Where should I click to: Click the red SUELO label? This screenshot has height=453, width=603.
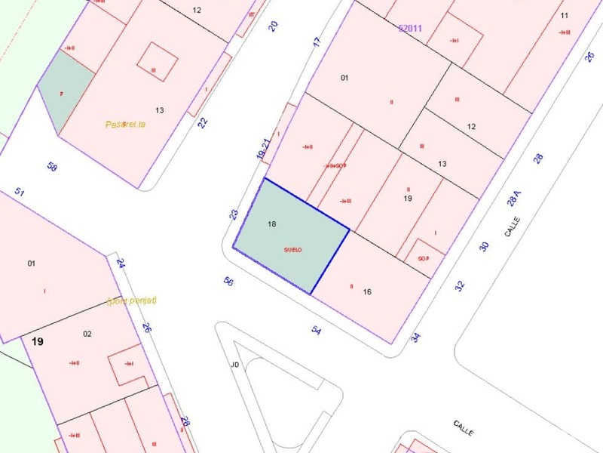point(292,250)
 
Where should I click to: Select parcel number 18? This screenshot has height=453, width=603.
point(272,224)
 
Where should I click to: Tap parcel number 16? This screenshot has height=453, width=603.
point(367,291)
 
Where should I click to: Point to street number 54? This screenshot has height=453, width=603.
point(317,330)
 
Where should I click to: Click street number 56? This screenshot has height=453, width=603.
point(228,282)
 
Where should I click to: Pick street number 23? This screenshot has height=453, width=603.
point(234,214)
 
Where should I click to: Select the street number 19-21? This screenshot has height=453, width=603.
point(262,148)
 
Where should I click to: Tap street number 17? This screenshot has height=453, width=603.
point(317,42)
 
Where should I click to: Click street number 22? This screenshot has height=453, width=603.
point(203,122)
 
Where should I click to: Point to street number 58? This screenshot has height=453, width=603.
point(52,167)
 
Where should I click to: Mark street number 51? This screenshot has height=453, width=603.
point(20,193)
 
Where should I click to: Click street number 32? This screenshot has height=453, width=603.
point(461,285)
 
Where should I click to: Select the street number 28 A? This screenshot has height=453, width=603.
point(514,198)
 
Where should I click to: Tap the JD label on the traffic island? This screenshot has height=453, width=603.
point(235,365)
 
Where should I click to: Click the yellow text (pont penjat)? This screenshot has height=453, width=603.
point(132,300)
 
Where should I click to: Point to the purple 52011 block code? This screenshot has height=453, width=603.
point(410,28)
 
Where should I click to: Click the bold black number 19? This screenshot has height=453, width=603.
point(37,342)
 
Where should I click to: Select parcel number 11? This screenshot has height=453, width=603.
point(565,15)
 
